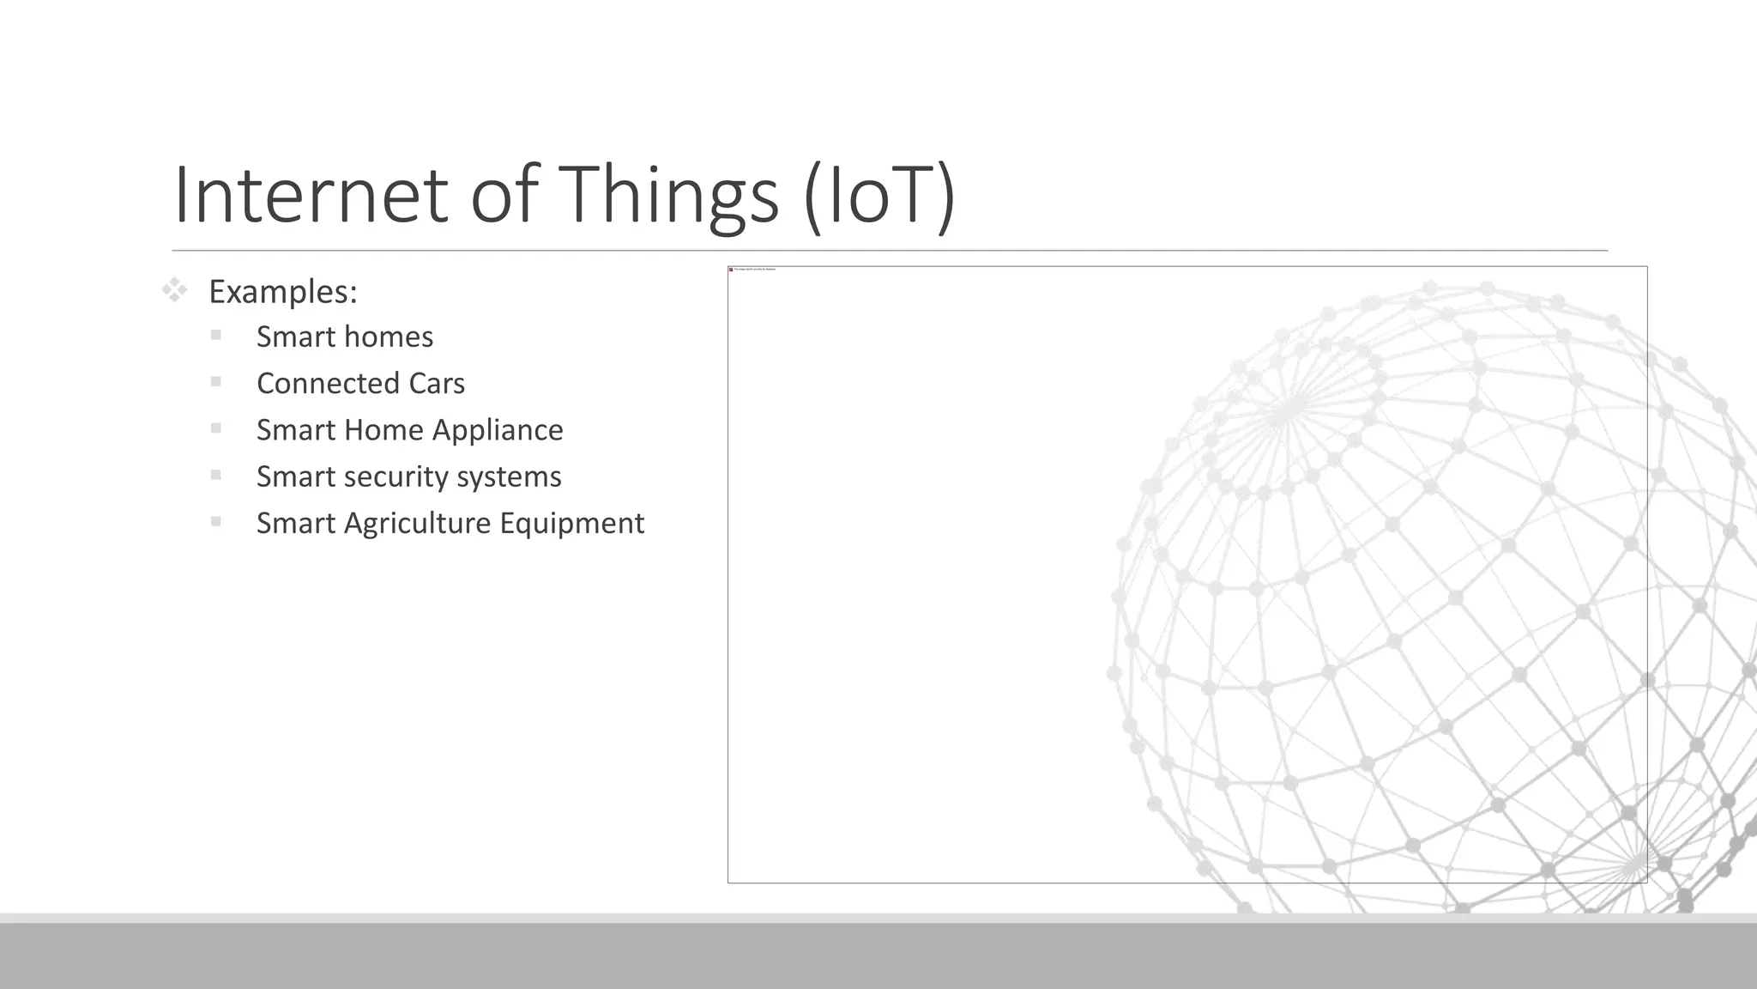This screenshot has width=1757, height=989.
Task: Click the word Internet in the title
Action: (x=311, y=195)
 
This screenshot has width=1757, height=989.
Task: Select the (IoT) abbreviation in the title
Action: (x=879, y=195)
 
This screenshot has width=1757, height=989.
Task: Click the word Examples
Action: (x=282, y=292)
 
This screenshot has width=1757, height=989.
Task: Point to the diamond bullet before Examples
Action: (x=174, y=290)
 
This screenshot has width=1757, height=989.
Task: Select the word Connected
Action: (x=328, y=383)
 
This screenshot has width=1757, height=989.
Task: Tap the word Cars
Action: (x=437, y=383)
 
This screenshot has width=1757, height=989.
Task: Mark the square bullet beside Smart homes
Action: (x=215, y=335)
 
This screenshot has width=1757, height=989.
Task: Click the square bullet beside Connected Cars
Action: (x=215, y=381)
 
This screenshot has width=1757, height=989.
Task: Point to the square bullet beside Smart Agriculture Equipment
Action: (x=215, y=521)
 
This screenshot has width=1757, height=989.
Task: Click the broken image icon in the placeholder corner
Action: (x=731, y=270)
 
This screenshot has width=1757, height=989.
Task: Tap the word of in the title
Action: (x=505, y=195)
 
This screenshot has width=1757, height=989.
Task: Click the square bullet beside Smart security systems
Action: (x=215, y=475)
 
